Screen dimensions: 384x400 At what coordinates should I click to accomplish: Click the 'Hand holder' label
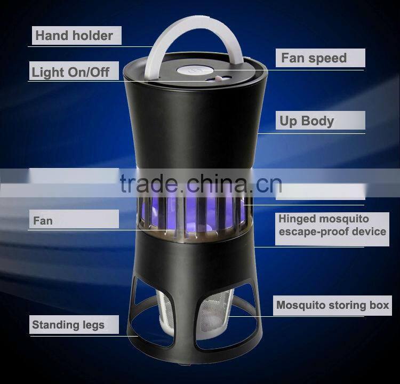click(x=74, y=36)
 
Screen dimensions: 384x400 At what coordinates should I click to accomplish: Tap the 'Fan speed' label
click(x=314, y=58)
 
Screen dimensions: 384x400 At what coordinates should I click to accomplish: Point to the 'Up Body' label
click(x=307, y=121)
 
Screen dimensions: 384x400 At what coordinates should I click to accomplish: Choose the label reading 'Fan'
click(x=43, y=219)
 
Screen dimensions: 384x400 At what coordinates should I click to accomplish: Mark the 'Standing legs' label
click(x=68, y=324)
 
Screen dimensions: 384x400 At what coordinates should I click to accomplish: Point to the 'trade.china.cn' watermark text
click(x=201, y=184)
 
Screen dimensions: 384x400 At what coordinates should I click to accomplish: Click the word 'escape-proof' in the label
click(x=310, y=232)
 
